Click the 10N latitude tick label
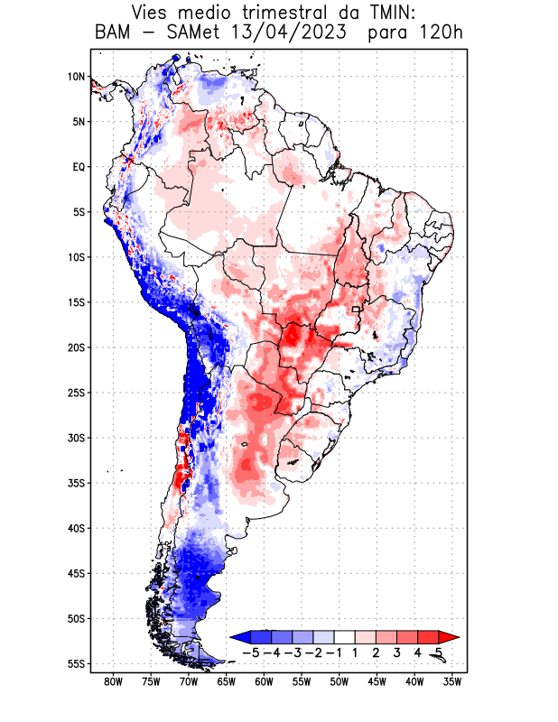pyautogui.click(x=76, y=77)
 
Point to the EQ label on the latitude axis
pyautogui.click(x=78, y=167)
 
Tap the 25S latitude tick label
pyautogui.click(x=76, y=393)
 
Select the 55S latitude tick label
pyautogui.click(x=76, y=663)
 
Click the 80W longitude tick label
pyautogui.click(x=113, y=682)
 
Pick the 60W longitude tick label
pyautogui.click(x=264, y=682)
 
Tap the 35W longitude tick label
pyautogui.click(x=451, y=682)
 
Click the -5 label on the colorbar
pyautogui.click(x=252, y=652)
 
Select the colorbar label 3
pyautogui.click(x=397, y=652)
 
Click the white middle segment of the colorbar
pyautogui.click(x=345, y=636)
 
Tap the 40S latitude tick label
pyautogui.click(x=76, y=528)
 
